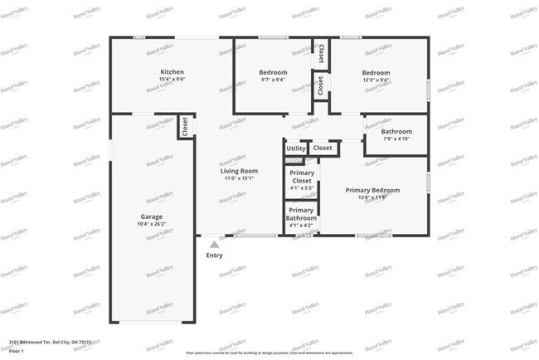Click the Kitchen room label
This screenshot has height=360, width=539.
pos(172,72)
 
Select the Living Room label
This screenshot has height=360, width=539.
pos(239,171)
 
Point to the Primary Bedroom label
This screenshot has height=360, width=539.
pos(372,190)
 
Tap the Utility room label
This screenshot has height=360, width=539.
pos(296,148)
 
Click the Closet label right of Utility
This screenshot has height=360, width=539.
pos(323,148)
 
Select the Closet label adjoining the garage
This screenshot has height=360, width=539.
pos(184,127)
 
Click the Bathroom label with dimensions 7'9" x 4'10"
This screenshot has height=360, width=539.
pos(396,132)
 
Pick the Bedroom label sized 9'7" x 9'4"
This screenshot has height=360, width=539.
pos(274,72)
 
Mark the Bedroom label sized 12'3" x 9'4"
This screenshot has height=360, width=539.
pos(376,72)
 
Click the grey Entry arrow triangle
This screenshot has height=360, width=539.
pos(214,244)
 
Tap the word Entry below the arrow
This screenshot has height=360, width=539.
pos(214,255)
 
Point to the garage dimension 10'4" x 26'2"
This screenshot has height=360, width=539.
pos(151,224)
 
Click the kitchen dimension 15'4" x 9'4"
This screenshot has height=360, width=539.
pos(172,80)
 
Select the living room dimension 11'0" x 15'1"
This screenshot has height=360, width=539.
pos(239,178)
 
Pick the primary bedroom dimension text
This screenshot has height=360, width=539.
pos(372,197)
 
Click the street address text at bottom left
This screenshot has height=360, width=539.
pos(50,341)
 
